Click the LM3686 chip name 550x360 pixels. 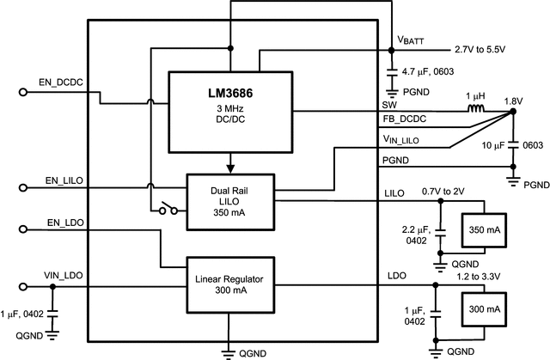230,93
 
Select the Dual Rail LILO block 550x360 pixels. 230,202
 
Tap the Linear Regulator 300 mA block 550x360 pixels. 230,284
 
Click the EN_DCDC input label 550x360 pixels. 59,82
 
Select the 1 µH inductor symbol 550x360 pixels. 474,110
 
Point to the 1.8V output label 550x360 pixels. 513,100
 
